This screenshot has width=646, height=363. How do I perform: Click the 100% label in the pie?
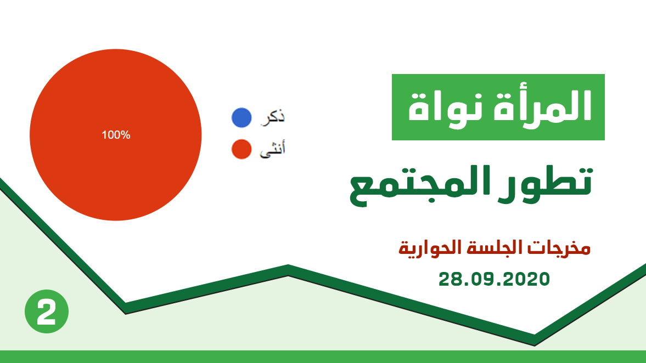pos(116,135)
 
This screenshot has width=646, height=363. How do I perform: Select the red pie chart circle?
pos(115,135)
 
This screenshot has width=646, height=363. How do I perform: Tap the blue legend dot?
pos(241,118)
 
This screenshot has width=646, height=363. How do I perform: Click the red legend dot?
pos(241,149)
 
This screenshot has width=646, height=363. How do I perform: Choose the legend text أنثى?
pos(272,149)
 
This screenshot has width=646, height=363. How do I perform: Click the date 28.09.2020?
pos(494,279)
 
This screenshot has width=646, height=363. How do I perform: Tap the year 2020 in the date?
pos(526,279)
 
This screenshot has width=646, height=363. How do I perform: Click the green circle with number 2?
pos(47,311)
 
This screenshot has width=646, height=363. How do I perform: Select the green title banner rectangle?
pos(498,107)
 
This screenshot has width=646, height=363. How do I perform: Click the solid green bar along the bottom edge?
pos(323,357)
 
